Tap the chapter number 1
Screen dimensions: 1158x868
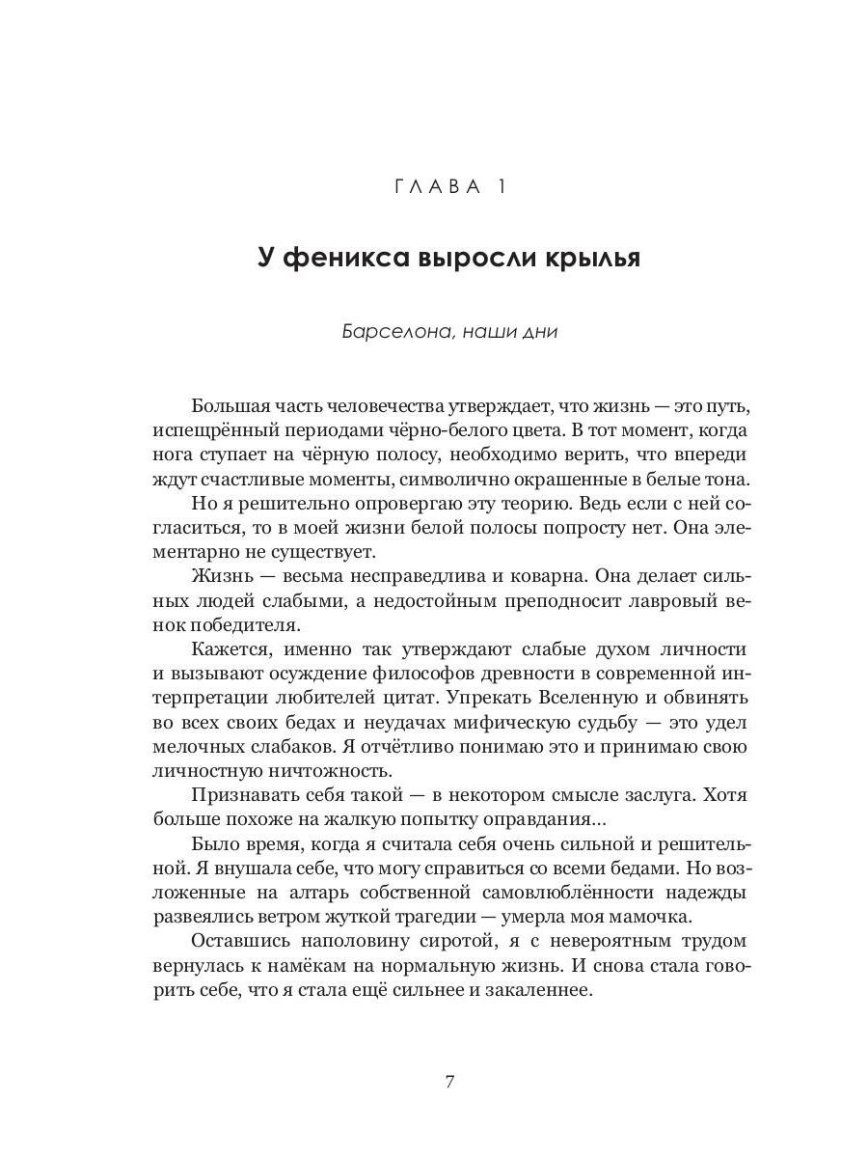tap(500, 186)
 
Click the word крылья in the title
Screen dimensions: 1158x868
tap(585, 259)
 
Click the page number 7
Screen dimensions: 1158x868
tap(449, 1081)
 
